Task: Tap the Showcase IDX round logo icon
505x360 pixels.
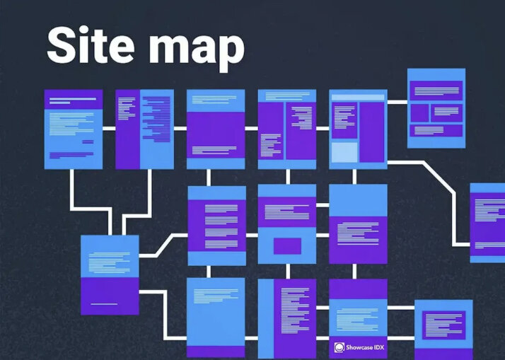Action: [340, 347]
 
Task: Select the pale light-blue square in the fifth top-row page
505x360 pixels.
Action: [344, 153]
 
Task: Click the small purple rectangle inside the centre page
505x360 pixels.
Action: [287, 246]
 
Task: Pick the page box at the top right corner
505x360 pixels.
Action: [436, 108]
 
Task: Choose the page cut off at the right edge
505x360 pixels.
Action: [487, 223]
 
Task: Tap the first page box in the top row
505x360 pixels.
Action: [74, 129]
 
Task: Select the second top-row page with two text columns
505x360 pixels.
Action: [144, 129]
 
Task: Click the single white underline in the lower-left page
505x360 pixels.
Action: [104, 303]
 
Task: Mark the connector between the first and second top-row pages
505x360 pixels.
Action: [109, 129]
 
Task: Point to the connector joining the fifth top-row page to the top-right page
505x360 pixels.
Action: [397, 102]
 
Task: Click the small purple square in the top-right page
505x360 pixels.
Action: [419, 112]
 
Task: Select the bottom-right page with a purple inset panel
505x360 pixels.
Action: [443, 327]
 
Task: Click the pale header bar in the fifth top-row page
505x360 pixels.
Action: [358, 96]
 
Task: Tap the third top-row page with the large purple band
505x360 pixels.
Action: [216, 129]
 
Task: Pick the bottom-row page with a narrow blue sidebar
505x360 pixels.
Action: [287, 318]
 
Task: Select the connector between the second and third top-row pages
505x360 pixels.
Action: [180, 129]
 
